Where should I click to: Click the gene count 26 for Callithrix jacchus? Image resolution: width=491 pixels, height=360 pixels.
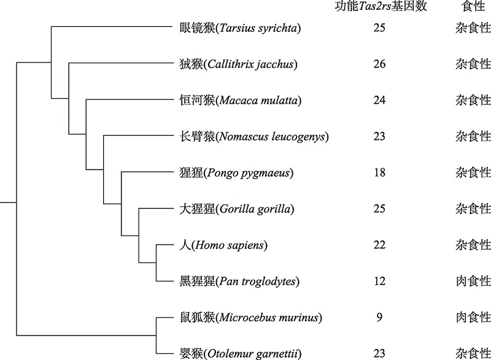point(379,64)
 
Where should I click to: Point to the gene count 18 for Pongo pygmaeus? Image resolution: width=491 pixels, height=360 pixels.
point(379,173)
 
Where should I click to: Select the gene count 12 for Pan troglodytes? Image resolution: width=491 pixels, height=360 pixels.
point(379,281)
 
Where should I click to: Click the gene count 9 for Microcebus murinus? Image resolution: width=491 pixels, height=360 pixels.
point(379,318)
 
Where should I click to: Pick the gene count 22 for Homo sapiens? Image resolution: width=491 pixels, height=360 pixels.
point(379,245)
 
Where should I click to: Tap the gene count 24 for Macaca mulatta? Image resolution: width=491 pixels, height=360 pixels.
point(379,100)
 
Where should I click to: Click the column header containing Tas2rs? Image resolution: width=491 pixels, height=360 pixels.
point(381,6)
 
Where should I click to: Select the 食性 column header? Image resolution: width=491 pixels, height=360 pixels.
point(473,6)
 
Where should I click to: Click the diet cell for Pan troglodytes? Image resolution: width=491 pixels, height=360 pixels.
point(473,281)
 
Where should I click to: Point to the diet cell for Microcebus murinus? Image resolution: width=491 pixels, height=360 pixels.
point(473,318)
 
